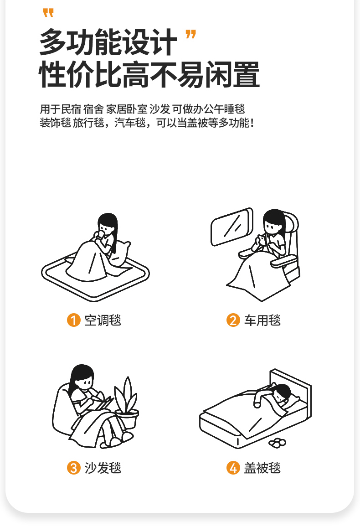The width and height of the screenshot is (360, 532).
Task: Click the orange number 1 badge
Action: click(x=73, y=320)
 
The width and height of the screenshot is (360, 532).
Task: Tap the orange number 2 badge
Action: click(x=233, y=320)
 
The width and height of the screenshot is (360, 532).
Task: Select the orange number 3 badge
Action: click(x=73, y=468)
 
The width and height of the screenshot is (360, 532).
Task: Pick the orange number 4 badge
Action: click(x=233, y=468)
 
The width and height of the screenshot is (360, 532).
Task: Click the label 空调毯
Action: click(x=103, y=320)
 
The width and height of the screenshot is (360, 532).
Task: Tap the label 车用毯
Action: click(x=262, y=320)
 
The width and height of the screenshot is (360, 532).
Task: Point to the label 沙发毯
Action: click(x=103, y=468)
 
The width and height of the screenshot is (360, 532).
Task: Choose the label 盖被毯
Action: click(x=262, y=468)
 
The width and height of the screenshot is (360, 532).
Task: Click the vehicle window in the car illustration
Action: click(x=232, y=226)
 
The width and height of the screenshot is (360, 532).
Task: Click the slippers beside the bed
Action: click(x=277, y=443)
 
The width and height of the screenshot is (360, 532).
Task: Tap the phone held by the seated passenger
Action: click(x=262, y=239)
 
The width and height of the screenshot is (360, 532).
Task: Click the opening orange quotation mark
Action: click(x=48, y=13)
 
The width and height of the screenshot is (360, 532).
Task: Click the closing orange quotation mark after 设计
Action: click(x=190, y=34)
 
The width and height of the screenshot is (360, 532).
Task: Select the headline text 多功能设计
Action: click(x=108, y=42)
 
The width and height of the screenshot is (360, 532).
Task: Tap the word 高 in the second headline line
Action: click(x=136, y=74)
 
